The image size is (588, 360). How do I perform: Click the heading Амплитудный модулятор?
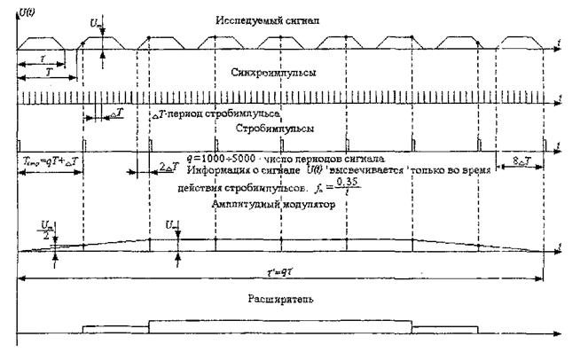(265, 204)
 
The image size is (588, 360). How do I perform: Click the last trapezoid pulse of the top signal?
(521, 42)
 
